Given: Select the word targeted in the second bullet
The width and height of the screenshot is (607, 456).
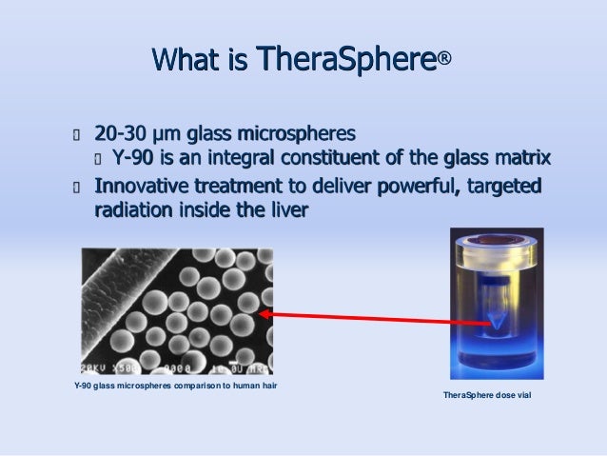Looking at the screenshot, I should click(504, 184).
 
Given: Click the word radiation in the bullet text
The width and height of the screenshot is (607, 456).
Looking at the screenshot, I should click(133, 209).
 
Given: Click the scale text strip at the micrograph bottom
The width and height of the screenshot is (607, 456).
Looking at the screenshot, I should click(176, 367).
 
